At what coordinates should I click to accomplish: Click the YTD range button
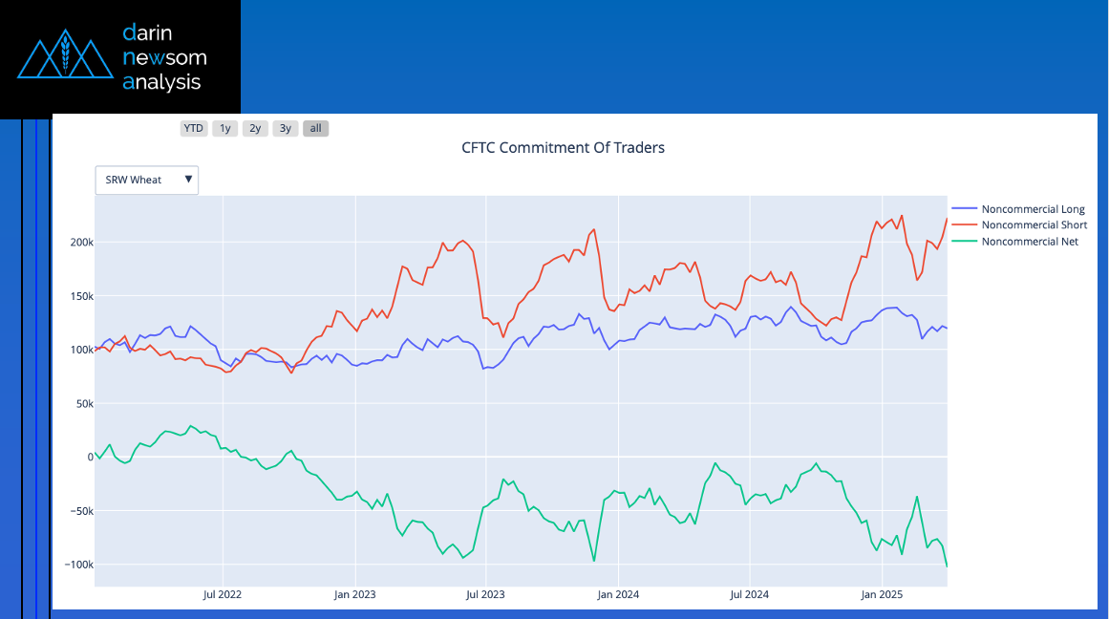[194, 128]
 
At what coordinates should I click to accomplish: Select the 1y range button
[224, 128]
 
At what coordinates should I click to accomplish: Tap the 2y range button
[255, 128]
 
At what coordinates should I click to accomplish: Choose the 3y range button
[286, 128]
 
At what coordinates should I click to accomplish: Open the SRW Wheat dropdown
[147, 180]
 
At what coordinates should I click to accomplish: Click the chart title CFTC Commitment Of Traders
[563, 148]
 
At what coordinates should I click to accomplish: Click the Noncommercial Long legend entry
[1033, 209]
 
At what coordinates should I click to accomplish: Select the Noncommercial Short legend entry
[1034, 225]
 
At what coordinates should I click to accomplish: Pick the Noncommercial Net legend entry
[1030, 242]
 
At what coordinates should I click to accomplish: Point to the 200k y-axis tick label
[80, 243]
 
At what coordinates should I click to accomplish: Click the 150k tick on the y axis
[80, 296]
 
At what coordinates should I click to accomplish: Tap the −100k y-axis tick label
[77, 566]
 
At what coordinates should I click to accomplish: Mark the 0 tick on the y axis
[89, 458]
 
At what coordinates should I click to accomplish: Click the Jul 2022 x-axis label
[223, 595]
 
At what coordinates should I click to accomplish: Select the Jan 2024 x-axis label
[617, 595]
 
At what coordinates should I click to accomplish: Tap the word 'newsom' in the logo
[164, 57]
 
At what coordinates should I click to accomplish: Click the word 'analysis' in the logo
[161, 82]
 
